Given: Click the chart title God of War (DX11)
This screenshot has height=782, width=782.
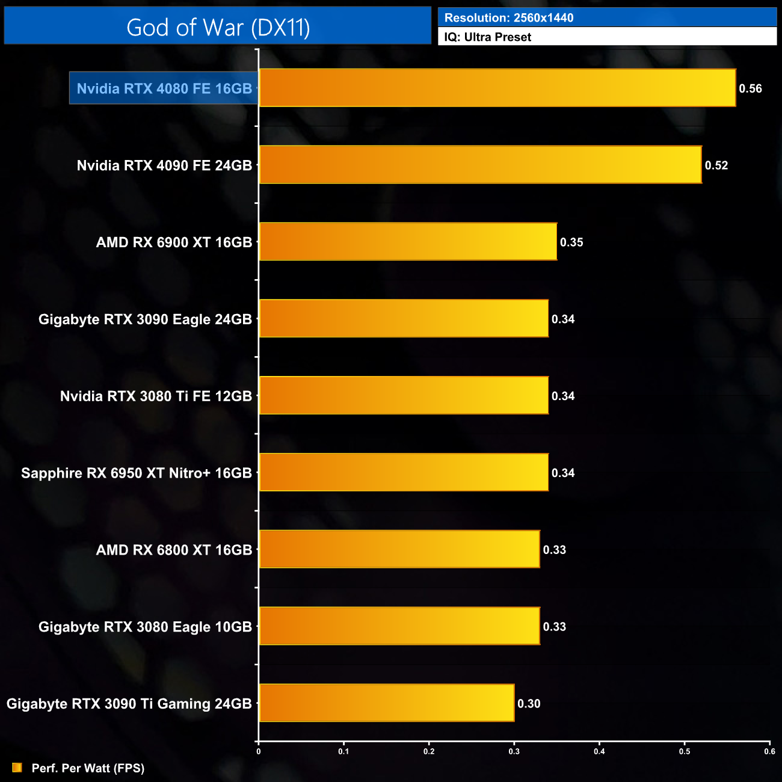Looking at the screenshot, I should [x=218, y=28].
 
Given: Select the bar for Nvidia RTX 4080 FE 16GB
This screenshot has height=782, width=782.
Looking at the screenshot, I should [x=497, y=88].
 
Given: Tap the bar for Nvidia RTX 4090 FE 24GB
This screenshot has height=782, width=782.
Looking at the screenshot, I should [x=480, y=165].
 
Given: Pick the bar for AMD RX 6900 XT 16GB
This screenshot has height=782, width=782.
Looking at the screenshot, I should [x=408, y=242].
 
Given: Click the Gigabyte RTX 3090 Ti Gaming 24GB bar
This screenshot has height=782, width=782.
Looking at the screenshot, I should [x=386, y=703].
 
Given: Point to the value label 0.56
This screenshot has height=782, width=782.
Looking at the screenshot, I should [x=750, y=89].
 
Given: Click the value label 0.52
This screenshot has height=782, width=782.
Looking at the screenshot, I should [x=716, y=165].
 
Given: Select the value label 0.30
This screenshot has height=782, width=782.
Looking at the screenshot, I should [x=529, y=704].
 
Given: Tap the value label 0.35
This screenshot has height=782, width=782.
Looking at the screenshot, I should [x=571, y=242].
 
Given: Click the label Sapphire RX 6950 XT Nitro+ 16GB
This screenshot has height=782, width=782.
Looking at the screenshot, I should [x=137, y=473].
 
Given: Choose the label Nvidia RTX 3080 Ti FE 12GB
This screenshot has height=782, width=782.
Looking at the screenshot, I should [x=156, y=396].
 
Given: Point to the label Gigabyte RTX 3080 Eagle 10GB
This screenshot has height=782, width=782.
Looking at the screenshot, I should [x=145, y=627].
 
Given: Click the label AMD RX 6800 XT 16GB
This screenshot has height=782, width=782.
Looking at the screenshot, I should [x=174, y=550].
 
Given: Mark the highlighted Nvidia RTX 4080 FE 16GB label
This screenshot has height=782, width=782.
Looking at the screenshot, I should [x=164, y=89].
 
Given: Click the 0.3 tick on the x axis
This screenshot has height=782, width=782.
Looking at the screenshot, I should [x=514, y=751].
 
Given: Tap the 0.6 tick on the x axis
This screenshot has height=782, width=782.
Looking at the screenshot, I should [x=769, y=751].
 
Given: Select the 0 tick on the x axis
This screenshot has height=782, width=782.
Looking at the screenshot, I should [x=259, y=751].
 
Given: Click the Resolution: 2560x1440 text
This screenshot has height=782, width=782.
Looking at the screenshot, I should [x=509, y=18].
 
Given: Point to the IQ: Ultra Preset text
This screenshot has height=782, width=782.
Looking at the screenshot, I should [x=488, y=37].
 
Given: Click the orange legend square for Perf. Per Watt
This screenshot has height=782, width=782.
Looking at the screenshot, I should [x=17, y=768].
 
